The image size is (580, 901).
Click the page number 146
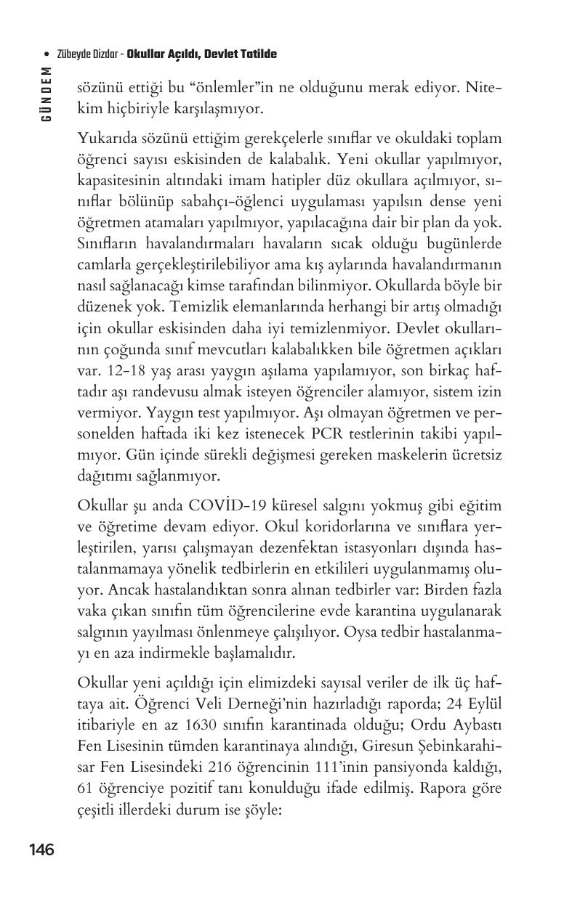(x=41, y=849)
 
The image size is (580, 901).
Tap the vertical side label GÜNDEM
(x=47, y=94)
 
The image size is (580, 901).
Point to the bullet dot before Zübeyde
(x=47, y=55)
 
